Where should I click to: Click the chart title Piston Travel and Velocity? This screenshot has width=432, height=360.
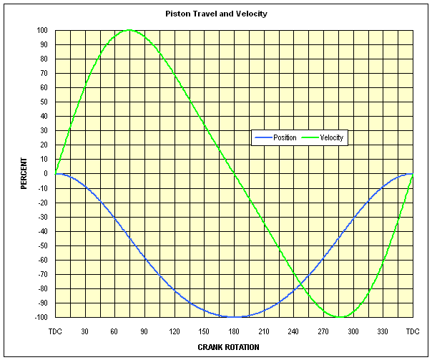click(216, 14)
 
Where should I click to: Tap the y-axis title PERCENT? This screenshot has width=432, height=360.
click(24, 174)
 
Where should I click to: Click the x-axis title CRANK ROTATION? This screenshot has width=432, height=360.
click(228, 347)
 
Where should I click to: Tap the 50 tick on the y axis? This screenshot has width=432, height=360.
click(44, 102)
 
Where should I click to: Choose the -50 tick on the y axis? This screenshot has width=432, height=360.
click(42, 245)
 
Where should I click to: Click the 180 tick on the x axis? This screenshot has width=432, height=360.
click(234, 331)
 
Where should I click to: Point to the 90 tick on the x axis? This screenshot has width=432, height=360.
click(144, 331)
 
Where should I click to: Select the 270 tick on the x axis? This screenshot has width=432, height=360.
click(323, 331)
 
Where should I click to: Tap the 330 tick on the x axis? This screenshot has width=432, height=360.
click(383, 331)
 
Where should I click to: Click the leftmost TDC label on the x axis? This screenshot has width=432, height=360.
click(55, 331)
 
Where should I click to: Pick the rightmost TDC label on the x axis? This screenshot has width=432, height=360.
click(413, 331)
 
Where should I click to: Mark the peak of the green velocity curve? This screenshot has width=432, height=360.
click(129, 30)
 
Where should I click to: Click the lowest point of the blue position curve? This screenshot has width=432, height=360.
click(234, 316)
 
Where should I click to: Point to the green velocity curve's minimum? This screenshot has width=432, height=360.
click(340, 316)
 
